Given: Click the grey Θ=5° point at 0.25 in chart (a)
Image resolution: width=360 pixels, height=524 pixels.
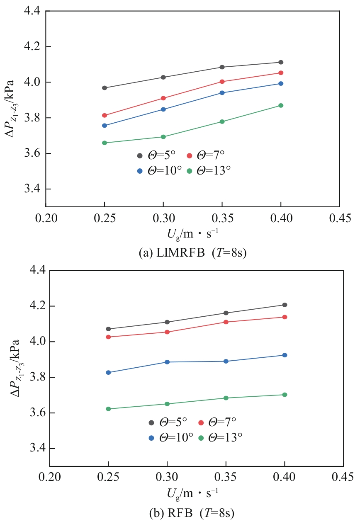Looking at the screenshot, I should coord(105,88).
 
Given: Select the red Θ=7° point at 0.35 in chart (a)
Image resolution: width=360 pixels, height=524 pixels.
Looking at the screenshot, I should coord(222,82).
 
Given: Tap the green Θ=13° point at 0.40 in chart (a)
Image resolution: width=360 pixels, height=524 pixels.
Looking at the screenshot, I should coord(281,105).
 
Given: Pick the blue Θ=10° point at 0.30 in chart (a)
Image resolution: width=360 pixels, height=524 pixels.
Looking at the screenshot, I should coord(163,109).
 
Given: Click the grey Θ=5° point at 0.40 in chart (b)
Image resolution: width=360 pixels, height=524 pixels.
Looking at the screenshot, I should coord(285,305).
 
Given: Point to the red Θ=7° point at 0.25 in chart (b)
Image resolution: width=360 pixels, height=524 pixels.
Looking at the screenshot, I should coord(108,337).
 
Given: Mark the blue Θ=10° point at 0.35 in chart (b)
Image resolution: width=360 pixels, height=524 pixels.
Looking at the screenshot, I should coord(226,361).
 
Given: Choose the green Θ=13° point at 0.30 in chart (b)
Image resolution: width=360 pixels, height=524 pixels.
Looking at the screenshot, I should coord(167,404).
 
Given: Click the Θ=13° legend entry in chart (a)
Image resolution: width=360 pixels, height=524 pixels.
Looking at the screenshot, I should coord(209,171).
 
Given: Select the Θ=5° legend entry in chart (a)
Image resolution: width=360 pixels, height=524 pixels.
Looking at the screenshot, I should coord(156,155).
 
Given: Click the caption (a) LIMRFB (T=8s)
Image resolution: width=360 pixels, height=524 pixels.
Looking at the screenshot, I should coord(192,252).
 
